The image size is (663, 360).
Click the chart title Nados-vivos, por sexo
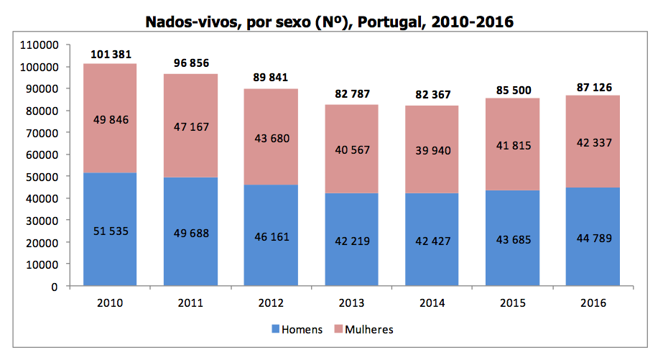point(330,22)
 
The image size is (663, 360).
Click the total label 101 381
point(111,55)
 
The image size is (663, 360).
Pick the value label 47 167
point(190,127)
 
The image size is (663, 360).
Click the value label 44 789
point(593,238)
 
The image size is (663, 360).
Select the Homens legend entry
point(296,330)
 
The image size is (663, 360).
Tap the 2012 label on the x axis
point(272,303)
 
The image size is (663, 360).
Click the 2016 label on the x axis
point(593,303)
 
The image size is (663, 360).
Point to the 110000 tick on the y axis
point(41,45)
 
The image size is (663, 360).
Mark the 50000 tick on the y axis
point(44,177)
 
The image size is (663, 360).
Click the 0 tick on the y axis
point(54,287)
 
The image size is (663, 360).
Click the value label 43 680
point(271,138)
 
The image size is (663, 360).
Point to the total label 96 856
point(191,63)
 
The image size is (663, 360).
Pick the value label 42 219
point(352,241)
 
